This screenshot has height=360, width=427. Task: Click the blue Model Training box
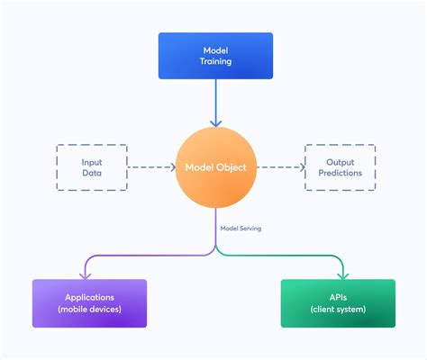215,56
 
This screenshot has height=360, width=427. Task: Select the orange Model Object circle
216,167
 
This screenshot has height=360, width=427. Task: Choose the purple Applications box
89,303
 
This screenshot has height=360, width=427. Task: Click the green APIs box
338,303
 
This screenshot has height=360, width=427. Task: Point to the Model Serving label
241,229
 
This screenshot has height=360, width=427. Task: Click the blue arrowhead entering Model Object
216,123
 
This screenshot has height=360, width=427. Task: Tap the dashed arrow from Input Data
151,167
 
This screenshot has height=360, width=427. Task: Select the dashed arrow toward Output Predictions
281,167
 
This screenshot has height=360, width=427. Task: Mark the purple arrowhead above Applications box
85,276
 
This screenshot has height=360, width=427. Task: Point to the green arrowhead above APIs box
343,276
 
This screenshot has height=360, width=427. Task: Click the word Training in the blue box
215,61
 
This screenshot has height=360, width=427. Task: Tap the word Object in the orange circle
232,167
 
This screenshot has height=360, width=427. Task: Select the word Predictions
341,173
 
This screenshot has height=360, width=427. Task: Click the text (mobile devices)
89,310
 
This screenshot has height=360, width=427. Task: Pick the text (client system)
338,310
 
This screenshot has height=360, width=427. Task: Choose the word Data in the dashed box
92,173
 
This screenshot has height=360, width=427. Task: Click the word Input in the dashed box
92,163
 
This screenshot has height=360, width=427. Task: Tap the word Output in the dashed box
341,162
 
